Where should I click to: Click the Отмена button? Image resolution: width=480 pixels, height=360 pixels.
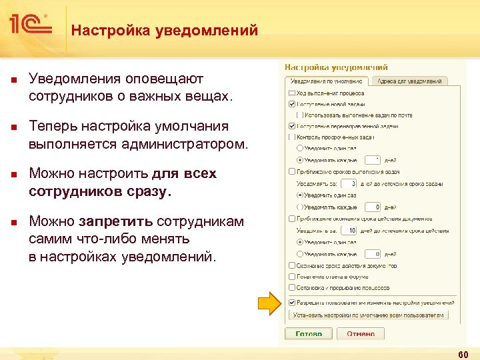coord(361,333)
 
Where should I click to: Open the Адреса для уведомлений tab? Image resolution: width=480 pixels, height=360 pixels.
coord(409,81)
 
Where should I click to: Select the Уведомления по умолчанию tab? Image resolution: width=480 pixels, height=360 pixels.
coord(327,81)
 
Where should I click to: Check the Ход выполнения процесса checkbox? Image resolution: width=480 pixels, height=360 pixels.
coord(291,93)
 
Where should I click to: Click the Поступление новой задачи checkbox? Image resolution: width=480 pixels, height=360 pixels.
coord(291,104)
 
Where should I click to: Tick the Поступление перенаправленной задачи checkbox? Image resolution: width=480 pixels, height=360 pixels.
coord(291,126)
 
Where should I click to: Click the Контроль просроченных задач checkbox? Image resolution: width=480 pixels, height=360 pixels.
coord(291,137)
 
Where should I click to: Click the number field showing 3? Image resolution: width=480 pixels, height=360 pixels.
coord(348,183)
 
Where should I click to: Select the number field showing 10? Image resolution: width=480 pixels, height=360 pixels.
coord(348,230)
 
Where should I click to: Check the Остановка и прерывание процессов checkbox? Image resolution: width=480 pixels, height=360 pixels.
coord(291,288)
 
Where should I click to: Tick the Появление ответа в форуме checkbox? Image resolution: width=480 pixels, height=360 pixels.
coord(291,277)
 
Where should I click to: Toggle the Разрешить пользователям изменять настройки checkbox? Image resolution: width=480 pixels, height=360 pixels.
coord(291,302)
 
